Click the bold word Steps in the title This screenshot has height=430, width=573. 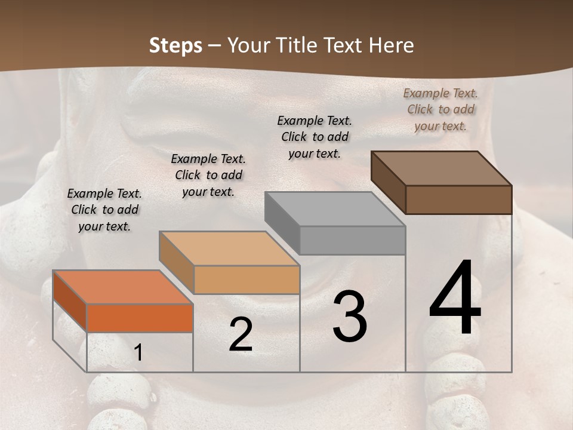pyautogui.click(x=175, y=45)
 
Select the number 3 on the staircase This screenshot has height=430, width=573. pyautogui.click(x=349, y=317)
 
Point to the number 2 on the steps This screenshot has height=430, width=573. pyautogui.click(x=241, y=334)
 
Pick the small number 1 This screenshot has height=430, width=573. pyautogui.click(x=138, y=353)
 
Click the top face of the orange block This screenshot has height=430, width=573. pyautogui.click(x=122, y=287)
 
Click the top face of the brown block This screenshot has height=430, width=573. pyautogui.click(x=442, y=168)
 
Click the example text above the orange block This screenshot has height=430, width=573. pyautogui.click(x=104, y=210)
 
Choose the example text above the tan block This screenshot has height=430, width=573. pyautogui.click(x=208, y=175)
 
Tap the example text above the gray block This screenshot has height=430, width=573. pyautogui.click(x=315, y=137)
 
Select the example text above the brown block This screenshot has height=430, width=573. pyautogui.click(x=440, y=109)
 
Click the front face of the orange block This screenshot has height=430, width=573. pyautogui.click(x=140, y=318)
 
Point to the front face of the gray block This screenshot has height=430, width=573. pyautogui.click(x=352, y=240)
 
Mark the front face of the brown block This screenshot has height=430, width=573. pyautogui.click(x=458, y=199)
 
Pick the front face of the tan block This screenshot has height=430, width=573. pyautogui.click(x=247, y=279)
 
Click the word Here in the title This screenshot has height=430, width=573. pyautogui.click(x=391, y=45)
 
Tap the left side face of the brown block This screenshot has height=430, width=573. pyautogui.click(x=388, y=182)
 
